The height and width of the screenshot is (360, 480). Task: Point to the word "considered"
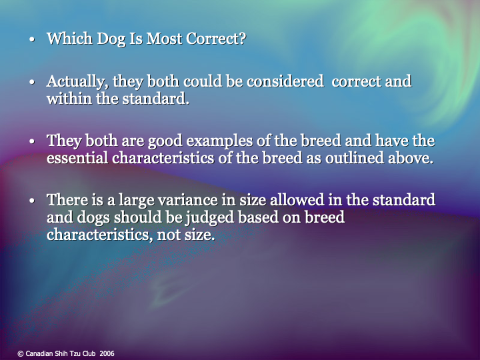click(285, 83)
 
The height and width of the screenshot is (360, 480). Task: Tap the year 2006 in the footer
click(107, 353)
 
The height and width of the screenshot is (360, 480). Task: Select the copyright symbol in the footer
click(20, 353)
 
